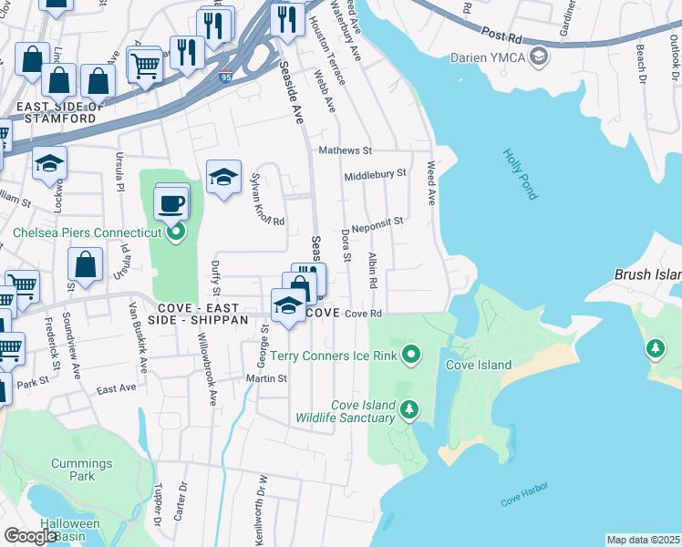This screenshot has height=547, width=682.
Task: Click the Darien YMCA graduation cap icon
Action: (539, 57)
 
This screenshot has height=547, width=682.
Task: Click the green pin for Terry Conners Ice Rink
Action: (411, 354)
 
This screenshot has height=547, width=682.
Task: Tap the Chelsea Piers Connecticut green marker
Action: (176, 232)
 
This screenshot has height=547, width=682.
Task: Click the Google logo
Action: (31, 536)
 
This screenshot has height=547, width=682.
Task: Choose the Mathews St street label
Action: (346, 150)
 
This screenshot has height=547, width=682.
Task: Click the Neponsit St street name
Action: (374, 221)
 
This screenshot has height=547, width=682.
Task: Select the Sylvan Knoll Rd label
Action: (268, 200)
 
